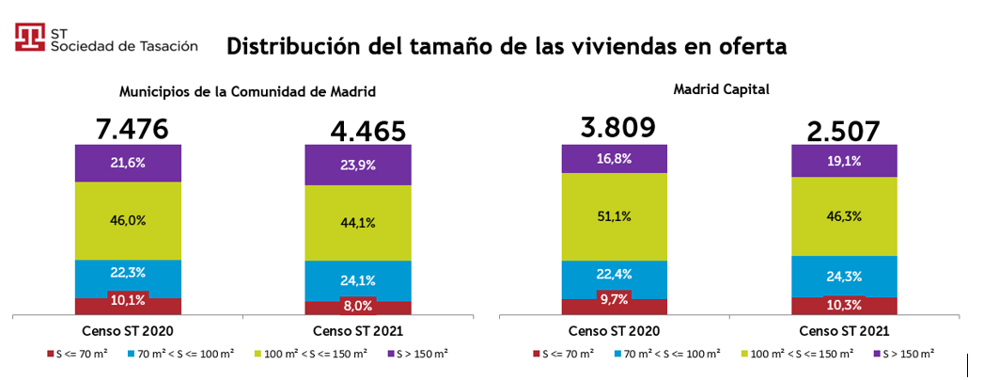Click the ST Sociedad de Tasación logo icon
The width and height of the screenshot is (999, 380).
[31, 38]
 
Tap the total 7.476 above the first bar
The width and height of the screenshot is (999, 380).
[133, 128]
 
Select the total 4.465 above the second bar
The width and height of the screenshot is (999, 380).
[368, 131]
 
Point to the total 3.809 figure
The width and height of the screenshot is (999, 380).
[617, 127]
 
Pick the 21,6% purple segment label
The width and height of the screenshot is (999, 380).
[129, 163]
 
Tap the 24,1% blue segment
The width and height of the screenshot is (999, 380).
[358, 279]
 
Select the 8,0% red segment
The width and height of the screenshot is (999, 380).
[358, 306]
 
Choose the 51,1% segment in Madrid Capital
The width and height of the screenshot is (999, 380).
[614, 215]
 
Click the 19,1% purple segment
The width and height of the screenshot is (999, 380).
[844, 161]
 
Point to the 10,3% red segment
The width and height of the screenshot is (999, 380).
[844, 306]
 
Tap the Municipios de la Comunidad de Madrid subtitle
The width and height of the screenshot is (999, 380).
[248, 92]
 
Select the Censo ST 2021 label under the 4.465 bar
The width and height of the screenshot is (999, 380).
[357, 331]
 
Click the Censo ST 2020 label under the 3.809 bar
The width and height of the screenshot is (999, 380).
[614, 331]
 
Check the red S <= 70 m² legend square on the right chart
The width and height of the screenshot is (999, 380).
[536, 354]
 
